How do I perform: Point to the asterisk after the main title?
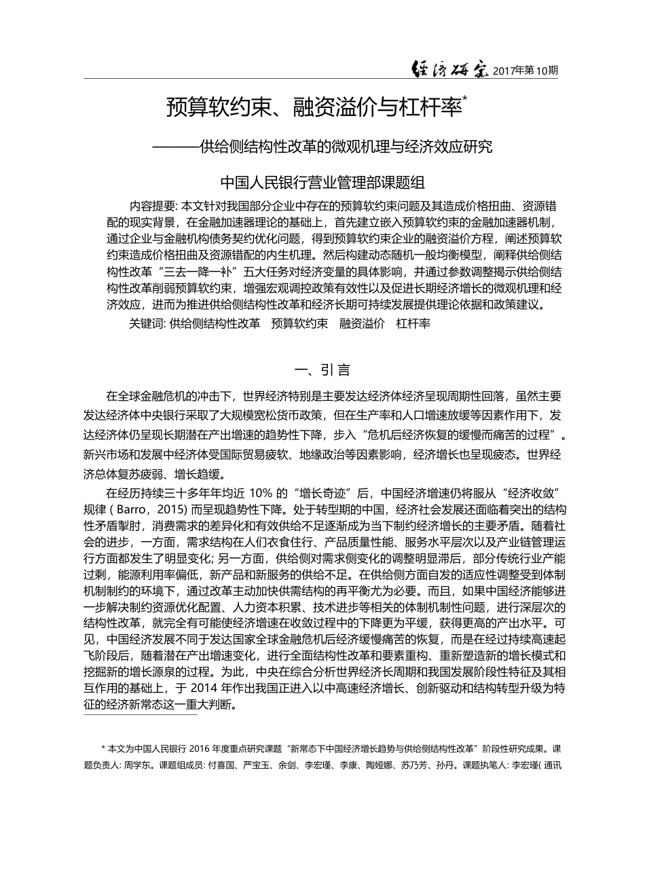[x=465, y=100]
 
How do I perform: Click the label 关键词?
[x=145, y=323]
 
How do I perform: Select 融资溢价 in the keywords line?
[x=362, y=323]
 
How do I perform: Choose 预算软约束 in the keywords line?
[x=299, y=323]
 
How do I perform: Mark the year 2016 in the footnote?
[x=205, y=750]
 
